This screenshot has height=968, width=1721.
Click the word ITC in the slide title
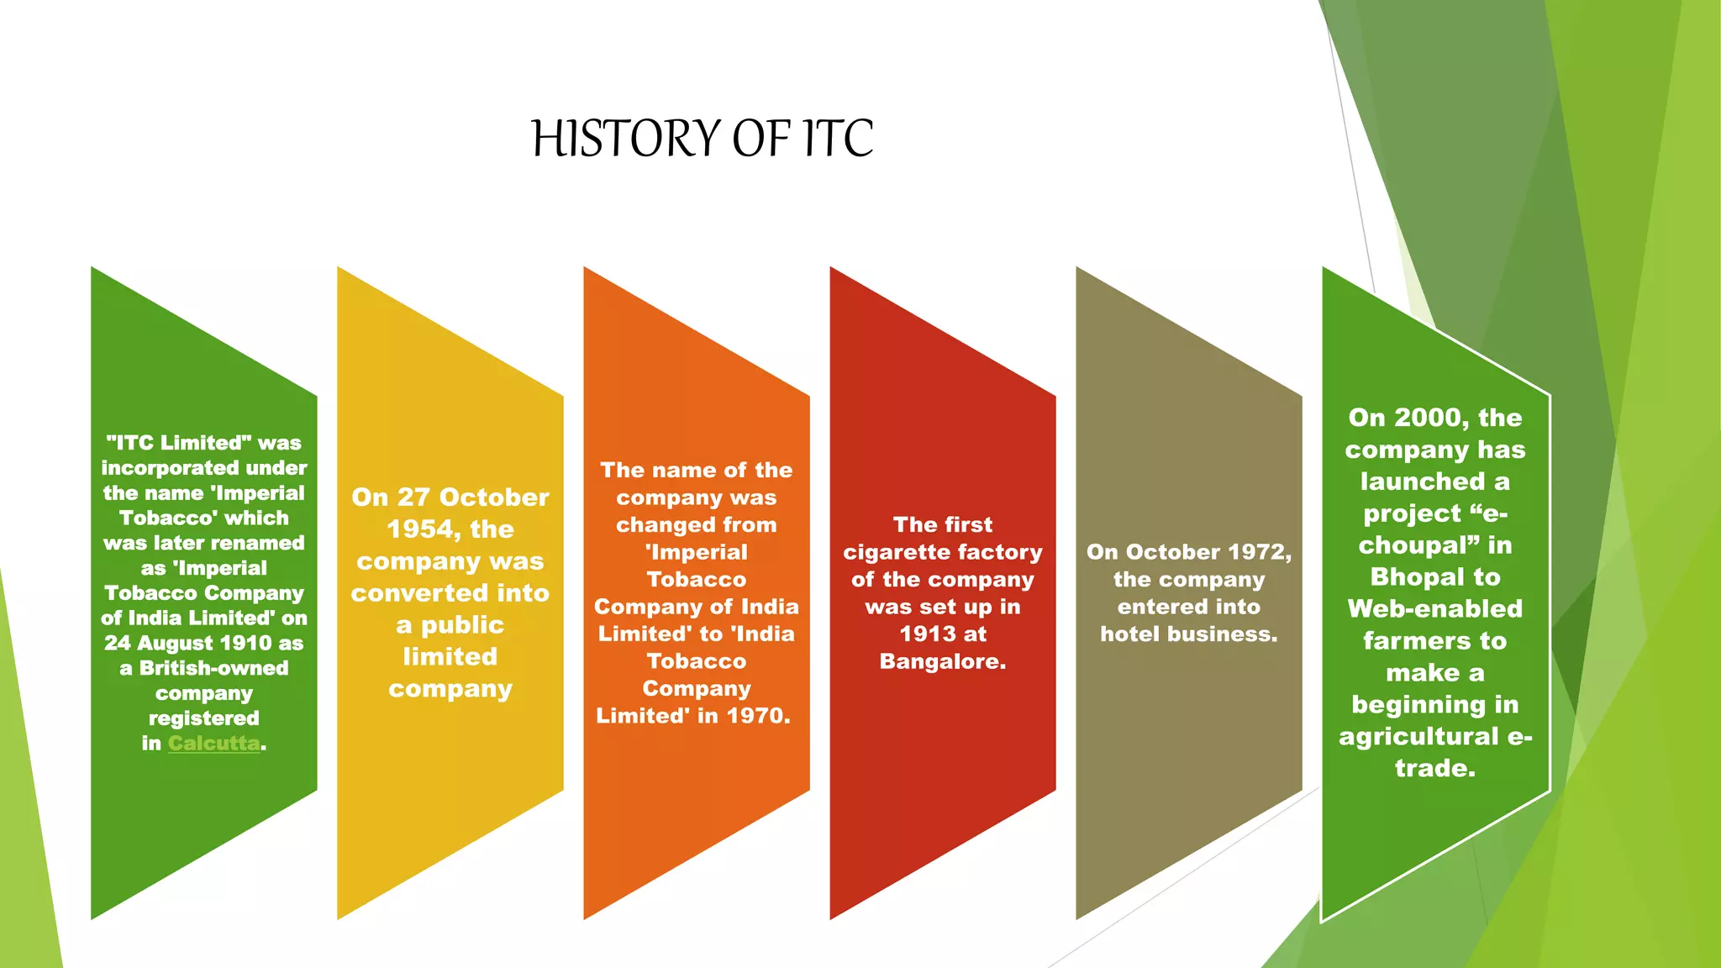[x=838, y=139]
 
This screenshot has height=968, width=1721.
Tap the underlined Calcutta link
[x=213, y=744]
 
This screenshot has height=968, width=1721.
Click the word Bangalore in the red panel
[x=942, y=662]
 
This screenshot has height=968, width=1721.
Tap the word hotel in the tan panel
[x=1129, y=634]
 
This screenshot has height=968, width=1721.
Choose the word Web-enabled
[x=1435, y=609]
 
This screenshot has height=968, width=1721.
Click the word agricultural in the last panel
[x=1418, y=737]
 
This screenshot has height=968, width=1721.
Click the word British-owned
[x=213, y=669]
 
